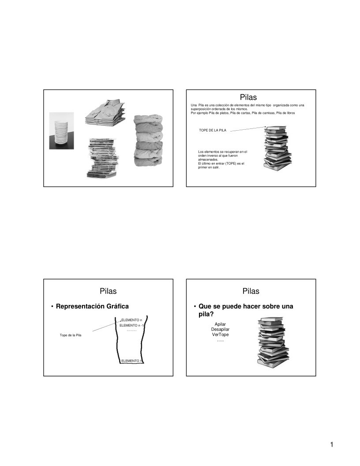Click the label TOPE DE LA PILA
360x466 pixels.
coord(213,131)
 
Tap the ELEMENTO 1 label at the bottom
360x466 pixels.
coord(132,361)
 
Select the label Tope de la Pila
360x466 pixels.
coord(71,335)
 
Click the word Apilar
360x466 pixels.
coord(220,324)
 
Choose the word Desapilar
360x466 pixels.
coord(220,329)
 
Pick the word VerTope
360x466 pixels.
coord(220,334)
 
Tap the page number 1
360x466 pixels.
coord(331,444)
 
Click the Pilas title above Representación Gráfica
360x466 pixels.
coord(108,291)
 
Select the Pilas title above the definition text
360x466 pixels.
coord(248,97)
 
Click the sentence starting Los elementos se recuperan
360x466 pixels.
coord(222,159)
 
